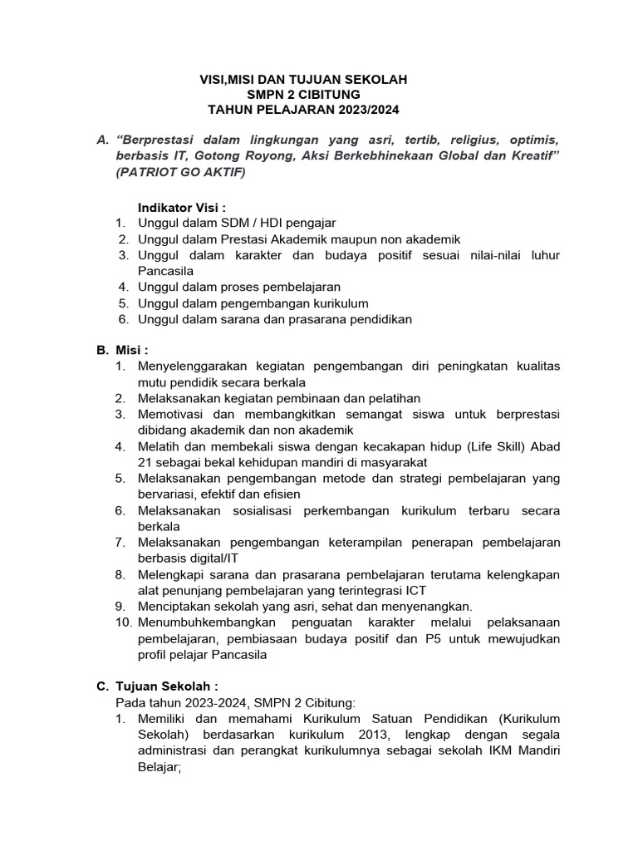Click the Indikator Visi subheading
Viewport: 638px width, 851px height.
tap(183, 207)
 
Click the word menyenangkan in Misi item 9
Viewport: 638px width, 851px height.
tap(431, 607)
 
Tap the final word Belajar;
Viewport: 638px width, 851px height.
tap(159, 769)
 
